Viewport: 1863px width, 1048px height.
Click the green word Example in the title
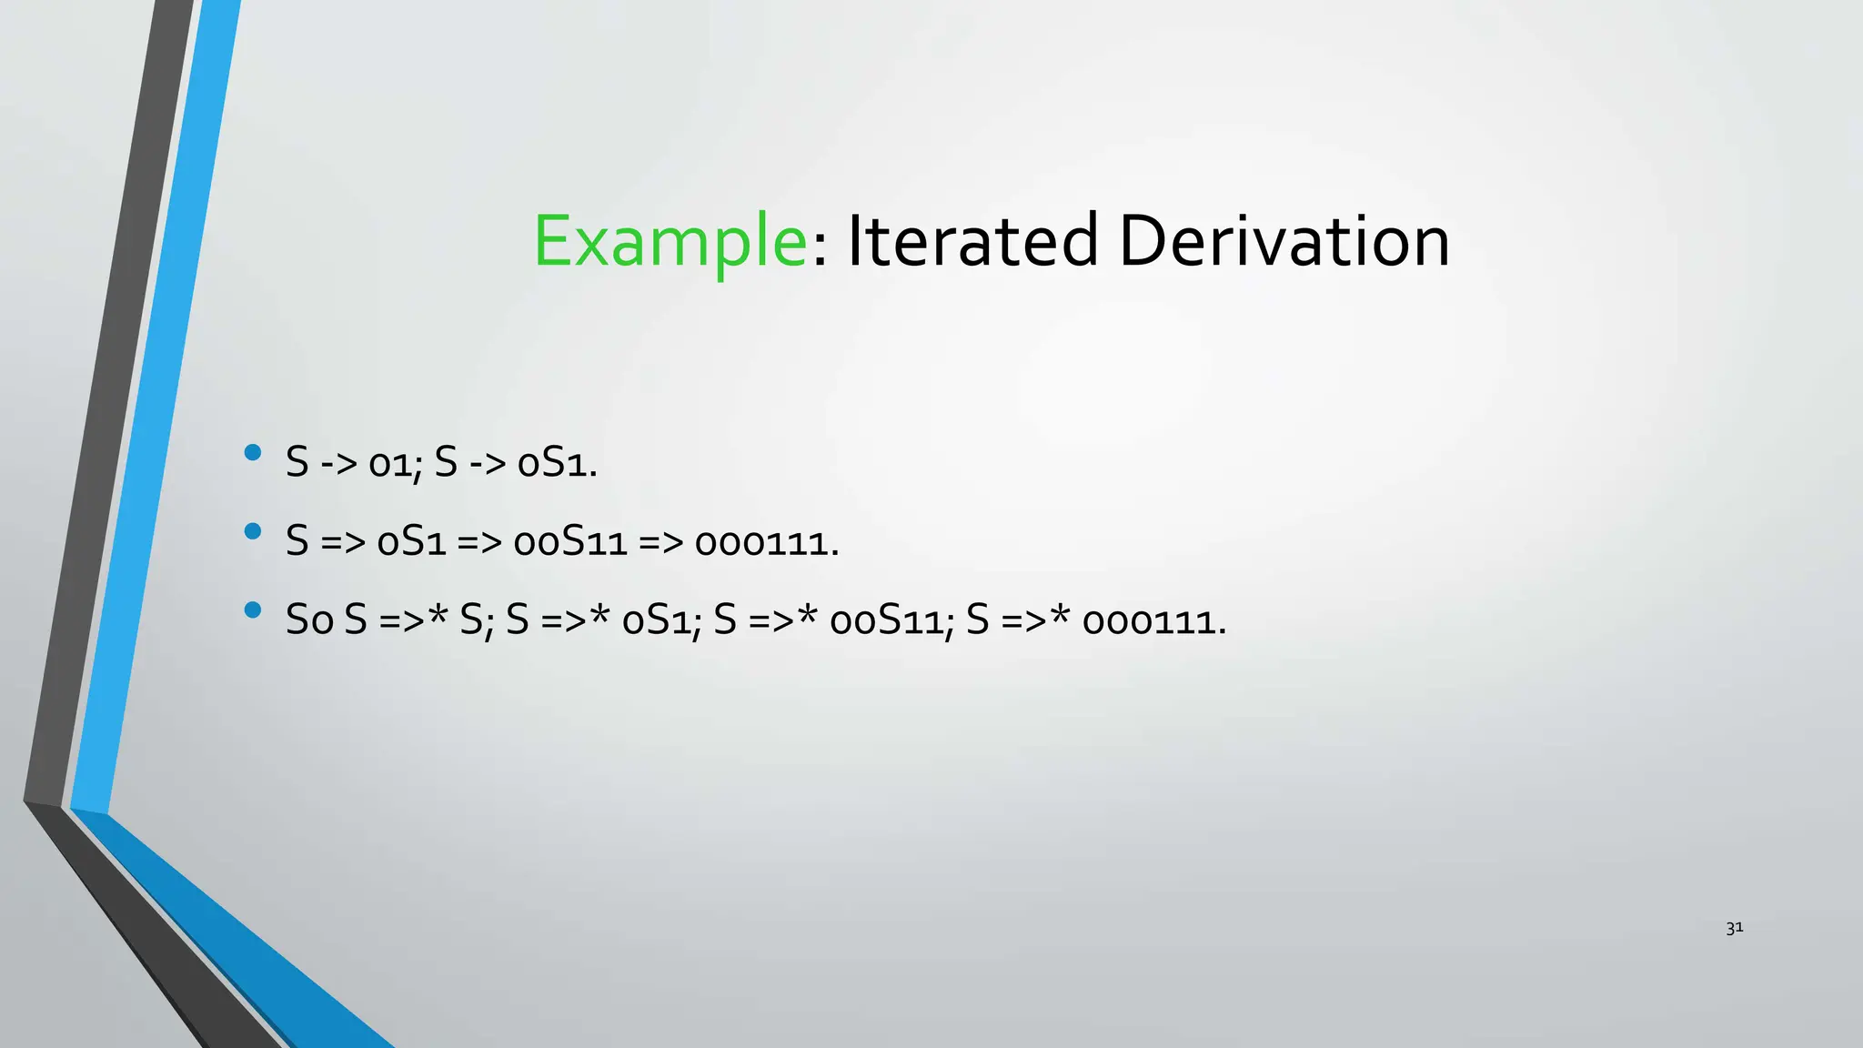[x=670, y=242]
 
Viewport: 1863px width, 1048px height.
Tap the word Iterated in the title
[x=972, y=242]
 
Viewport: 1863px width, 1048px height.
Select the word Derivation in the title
[x=1284, y=242]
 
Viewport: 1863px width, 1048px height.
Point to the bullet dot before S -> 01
[x=253, y=452]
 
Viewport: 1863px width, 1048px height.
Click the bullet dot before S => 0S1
[x=253, y=531]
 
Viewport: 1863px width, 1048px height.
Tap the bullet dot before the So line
[x=253, y=610]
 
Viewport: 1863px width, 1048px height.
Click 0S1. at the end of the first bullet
[x=557, y=464]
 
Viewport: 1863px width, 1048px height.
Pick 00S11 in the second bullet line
[x=570, y=543]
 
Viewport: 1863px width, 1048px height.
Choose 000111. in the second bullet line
[x=767, y=543]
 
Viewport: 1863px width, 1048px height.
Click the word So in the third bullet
[x=309, y=621]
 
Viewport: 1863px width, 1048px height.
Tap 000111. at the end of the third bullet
[x=1154, y=621]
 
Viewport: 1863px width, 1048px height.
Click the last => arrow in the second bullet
[x=660, y=543]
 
